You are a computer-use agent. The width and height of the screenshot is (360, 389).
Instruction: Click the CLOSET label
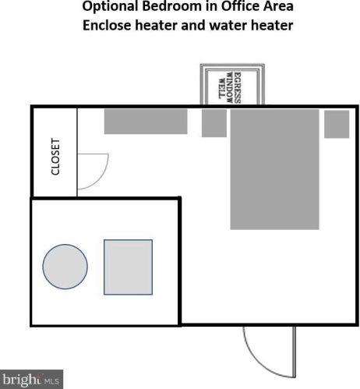tap(55, 157)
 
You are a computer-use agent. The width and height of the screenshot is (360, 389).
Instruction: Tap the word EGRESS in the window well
tap(238, 88)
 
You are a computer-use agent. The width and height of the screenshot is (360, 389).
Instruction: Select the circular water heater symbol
tap(65, 267)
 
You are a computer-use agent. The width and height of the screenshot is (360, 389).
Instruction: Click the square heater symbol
tap(128, 267)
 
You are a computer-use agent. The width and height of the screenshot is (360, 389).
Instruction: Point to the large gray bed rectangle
tap(274, 169)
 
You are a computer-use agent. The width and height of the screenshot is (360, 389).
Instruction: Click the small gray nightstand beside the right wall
tap(337, 124)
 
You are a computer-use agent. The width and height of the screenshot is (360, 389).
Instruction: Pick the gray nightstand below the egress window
tap(214, 123)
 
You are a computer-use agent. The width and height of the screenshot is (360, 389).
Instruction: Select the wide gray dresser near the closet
tap(146, 122)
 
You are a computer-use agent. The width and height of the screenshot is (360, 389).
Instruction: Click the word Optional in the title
tap(110, 6)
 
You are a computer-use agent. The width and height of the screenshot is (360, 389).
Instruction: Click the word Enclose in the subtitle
tap(107, 26)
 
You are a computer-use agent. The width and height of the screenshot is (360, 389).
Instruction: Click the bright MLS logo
tap(31, 380)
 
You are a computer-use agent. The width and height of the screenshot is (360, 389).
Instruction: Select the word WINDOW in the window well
tap(229, 88)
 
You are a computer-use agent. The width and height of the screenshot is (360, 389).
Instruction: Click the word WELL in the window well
tap(221, 88)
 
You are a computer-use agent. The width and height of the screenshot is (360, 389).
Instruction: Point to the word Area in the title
tap(278, 6)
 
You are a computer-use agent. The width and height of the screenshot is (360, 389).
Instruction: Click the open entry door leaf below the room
tap(295, 352)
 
